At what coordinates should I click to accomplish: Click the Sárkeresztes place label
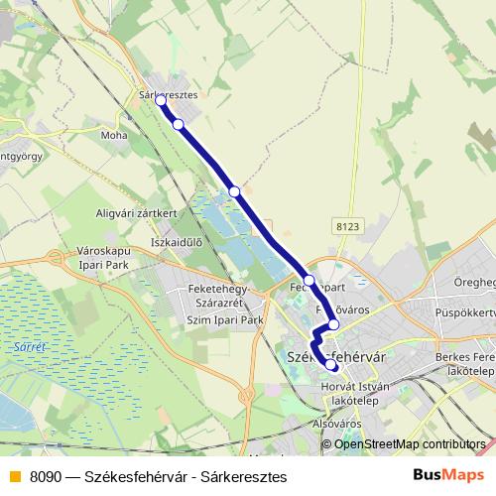click(170, 95)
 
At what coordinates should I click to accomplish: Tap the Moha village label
click(114, 133)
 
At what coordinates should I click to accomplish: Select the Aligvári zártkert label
click(136, 213)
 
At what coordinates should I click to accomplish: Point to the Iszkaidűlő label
click(176, 241)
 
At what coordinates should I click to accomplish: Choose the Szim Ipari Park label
click(224, 320)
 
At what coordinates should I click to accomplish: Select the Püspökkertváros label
click(464, 311)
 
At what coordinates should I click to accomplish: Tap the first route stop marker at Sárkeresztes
click(161, 101)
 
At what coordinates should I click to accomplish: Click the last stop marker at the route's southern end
click(331, 365)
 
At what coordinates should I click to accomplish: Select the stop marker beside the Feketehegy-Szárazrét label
click(310, 279)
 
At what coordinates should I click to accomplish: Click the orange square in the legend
click(14, 476)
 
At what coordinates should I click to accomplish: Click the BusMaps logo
click(447, 475)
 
